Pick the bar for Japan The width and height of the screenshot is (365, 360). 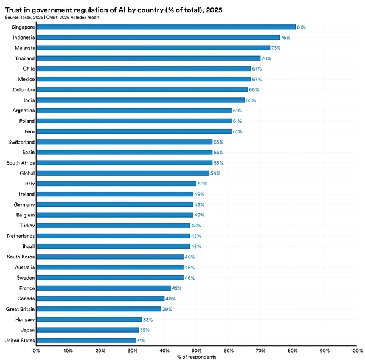click(88, 330)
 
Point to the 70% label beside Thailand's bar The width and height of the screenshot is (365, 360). click(266, 58)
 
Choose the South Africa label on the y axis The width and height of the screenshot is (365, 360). click(21, 163)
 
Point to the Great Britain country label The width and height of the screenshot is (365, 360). click(21, 309)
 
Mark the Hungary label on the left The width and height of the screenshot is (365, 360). click(25, 319)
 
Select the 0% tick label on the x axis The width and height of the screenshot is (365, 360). click(36, 351)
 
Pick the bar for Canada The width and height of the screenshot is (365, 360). click(100, 299)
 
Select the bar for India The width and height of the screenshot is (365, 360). click(141, 100)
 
